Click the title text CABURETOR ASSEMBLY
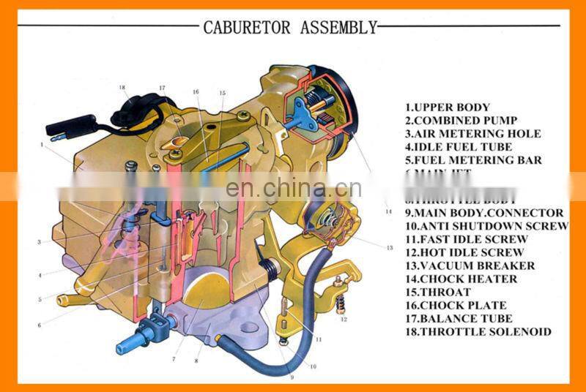click(290, 28)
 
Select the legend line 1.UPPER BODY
click(447, 108)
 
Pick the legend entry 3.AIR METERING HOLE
click(472, 134)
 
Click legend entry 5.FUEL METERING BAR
click(473, 160)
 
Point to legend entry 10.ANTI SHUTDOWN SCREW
click(486, 226)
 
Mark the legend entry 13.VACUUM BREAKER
click(470, 265)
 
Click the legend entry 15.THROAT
click(438, 292)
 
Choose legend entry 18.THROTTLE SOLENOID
click(478, 331)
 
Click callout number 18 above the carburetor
click(122, 87)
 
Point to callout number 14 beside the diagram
click(388, 211)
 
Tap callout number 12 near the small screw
click(344, 320)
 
